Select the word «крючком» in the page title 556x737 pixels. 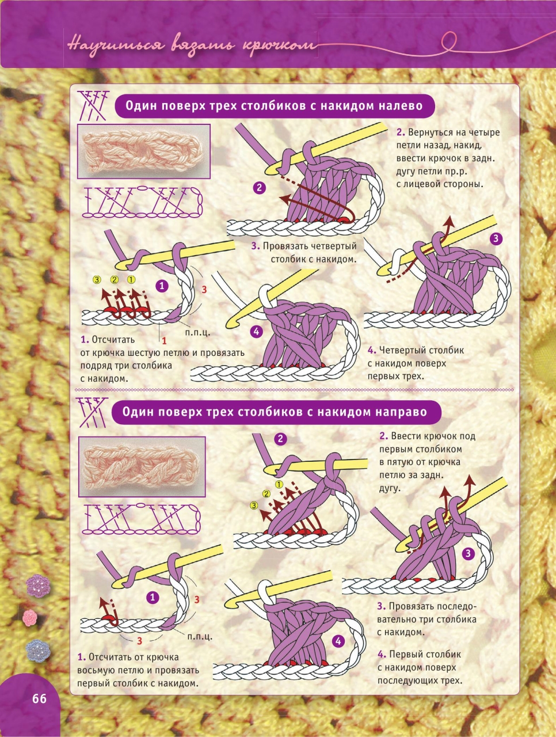[279, 45]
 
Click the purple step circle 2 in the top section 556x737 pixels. [259, 188]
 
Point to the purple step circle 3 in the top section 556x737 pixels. [496, 239]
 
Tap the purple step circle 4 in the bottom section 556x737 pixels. [338, 641]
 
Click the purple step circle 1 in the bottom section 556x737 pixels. [153, 597]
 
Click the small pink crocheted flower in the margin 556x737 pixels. [30, 618]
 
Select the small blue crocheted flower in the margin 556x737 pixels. [38, 651]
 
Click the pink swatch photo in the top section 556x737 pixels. [144, 151]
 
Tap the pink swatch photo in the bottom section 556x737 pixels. [142, 467]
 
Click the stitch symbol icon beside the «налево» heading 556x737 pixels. [93, 105]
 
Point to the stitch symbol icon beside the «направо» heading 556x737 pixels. [92, 412]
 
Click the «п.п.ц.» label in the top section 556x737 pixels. [197, 332]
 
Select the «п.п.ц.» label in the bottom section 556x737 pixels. [200, 636]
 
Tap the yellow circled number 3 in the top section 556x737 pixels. [97, 279]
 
